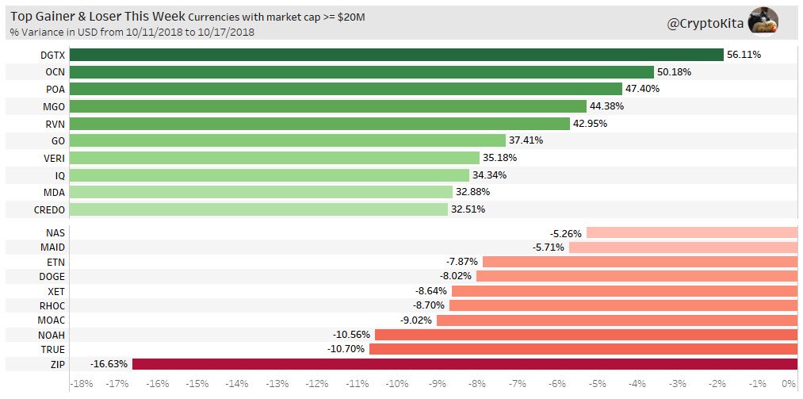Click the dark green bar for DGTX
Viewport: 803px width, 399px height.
396,55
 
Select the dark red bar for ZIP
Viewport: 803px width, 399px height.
465,364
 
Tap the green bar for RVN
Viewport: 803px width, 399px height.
319,124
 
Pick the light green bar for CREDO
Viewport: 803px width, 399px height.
258,209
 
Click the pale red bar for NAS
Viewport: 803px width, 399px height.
691,232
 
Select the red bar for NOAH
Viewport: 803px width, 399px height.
586,334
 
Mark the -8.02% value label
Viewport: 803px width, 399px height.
455,276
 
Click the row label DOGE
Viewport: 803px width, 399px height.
52,276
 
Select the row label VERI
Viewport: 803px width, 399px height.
53,158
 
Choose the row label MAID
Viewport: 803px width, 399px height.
52,247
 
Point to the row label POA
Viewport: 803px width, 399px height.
55,89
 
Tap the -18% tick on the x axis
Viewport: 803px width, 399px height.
82,384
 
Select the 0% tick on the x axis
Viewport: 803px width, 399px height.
790,384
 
